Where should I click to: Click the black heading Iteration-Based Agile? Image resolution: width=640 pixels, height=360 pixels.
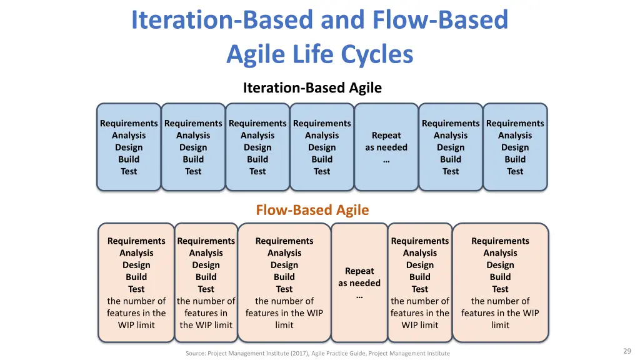(x=312, y=87)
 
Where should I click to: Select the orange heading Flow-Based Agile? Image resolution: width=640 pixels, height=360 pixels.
(x=312, y=210)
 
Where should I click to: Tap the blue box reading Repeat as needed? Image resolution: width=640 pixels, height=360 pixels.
(x=386, y=147)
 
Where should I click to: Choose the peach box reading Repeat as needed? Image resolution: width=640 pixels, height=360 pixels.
(x=359, y=282)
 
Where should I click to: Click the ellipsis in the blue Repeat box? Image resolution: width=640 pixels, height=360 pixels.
(x=386, y=161)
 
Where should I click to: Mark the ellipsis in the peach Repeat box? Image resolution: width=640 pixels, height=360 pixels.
(x=359, y=296)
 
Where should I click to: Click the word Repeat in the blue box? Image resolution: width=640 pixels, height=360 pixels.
(x=386, y=136)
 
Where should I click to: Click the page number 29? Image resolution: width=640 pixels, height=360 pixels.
(x=627, y=351)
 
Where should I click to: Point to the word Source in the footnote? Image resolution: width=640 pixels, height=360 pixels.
(x=196, y=354)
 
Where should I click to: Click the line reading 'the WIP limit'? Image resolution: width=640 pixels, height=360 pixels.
(x=206, y=325)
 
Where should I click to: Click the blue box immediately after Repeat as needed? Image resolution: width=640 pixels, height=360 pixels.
(x=451, y=147)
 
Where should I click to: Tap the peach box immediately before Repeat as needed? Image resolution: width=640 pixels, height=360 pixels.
(x=284, y=282)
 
